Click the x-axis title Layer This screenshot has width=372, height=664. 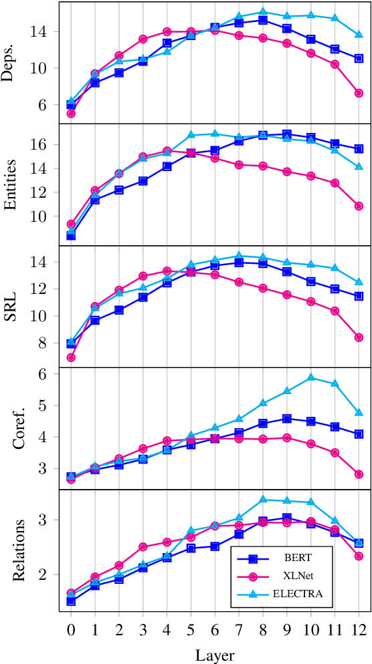coord(215,655)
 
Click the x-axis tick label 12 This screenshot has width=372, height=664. coord(359,630)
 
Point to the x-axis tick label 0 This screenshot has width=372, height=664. coord(71,630)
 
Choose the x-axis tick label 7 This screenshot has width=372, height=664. coord(239,630)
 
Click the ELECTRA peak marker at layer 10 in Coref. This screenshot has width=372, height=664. coord(310,377)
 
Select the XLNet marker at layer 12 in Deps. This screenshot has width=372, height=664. coord(359,93)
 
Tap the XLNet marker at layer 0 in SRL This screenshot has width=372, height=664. coord(71,357)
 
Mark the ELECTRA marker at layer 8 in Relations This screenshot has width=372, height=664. coord(263,499)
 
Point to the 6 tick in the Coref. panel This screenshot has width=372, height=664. coord(54,374)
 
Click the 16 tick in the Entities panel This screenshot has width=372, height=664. coord(50,144)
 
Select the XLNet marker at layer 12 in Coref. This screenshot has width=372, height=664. coord(359,474)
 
